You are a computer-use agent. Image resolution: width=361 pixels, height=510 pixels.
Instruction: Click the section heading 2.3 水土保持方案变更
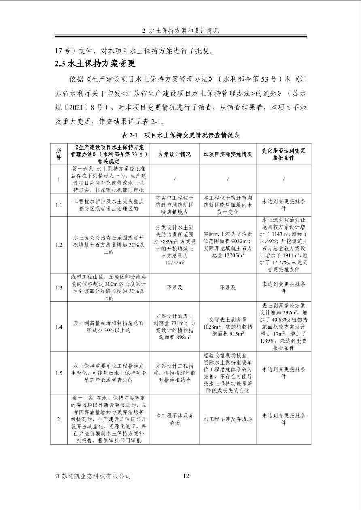95,64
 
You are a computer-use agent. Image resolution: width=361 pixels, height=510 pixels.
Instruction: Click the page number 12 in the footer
186,476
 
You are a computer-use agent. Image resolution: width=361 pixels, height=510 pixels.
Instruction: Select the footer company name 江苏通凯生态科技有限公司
93,476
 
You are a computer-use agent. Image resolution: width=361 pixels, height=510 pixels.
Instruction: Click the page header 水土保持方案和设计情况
180,31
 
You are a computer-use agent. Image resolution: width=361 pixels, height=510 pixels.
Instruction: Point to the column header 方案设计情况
174,154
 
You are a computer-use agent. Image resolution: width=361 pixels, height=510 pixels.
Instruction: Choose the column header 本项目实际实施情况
227,154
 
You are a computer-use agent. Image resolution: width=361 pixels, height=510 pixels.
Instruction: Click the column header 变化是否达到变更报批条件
283,154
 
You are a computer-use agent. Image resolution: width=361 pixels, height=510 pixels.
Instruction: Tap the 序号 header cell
59,154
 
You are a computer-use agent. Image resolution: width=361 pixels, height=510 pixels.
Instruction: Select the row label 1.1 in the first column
59,205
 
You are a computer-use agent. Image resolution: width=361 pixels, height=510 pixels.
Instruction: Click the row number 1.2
59,245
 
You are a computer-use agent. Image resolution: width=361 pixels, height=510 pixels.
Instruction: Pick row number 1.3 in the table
59,287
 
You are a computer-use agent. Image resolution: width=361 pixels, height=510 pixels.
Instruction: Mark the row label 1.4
59,327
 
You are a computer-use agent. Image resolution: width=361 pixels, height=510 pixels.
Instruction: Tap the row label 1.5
59,373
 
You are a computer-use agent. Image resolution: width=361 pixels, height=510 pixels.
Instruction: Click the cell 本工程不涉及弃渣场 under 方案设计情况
174,419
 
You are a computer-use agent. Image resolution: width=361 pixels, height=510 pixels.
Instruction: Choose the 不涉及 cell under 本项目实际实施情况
227,287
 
